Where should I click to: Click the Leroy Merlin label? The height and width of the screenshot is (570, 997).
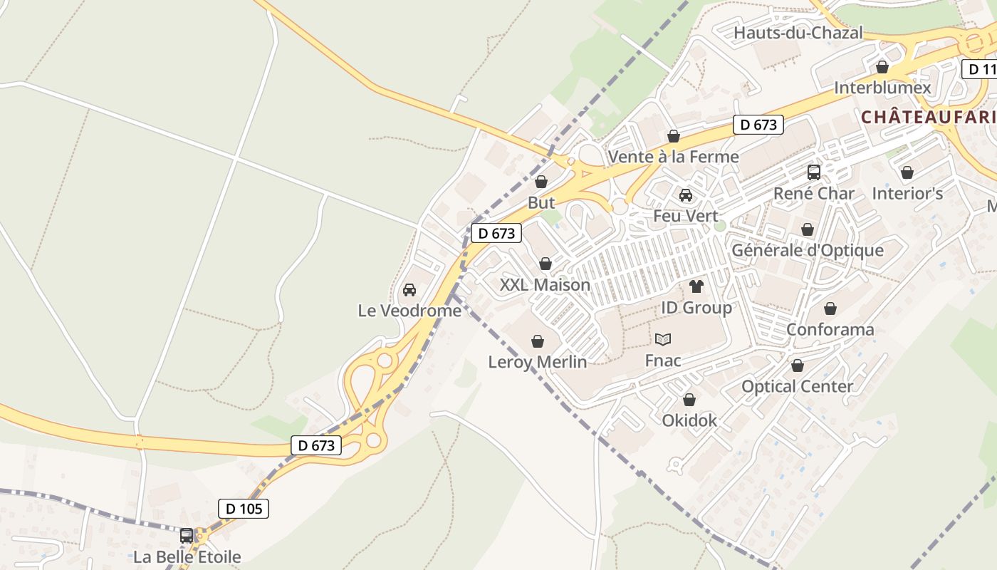click(x=538, y=362)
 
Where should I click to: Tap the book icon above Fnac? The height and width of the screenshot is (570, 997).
click(x=663, y=339)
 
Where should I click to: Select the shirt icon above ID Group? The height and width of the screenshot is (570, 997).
click(x=696, y=286)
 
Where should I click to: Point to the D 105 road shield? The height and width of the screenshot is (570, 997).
click(x=244, y=509)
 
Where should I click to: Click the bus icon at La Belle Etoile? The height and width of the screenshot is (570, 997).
click(x=187, y=535)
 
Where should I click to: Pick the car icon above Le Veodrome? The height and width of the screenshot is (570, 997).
click(x=409, y=290)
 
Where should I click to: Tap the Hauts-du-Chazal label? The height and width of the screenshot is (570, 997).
click(x=798, y=33)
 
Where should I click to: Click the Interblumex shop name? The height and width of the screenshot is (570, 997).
click(x=882, y=88)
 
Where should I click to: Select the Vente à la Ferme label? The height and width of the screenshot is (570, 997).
click(x=673, y=157)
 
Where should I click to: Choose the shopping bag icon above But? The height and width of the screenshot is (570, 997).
click(x=541, y=182)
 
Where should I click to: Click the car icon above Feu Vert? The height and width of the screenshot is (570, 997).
click(x=686, y=195)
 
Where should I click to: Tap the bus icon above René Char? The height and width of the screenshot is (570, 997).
click(x=813, y=172)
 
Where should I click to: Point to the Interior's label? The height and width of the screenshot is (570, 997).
click(x=907, y=194)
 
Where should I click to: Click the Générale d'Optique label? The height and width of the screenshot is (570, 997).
click(x=808, y=250)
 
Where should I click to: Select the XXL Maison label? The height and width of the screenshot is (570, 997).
click(x=545, y=285)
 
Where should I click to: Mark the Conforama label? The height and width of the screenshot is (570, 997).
click(x=830, y=330)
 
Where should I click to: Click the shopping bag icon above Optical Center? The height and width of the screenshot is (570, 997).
click(x=798, y=366)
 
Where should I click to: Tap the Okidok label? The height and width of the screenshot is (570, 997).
click(x=689, y=420)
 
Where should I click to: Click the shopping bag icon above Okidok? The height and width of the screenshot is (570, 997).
click(x=689, y=400)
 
